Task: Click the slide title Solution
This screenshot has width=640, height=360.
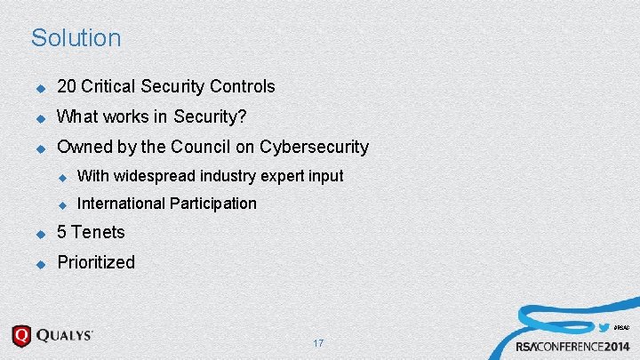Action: click(x=76, y=38)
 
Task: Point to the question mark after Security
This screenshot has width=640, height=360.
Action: click(x=242, y=116)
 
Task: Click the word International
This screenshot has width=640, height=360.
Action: click(x=121, y=204)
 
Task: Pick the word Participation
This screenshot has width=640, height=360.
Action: click(x=212, y=204)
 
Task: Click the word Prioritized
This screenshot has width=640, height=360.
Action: click(x=95, y=262)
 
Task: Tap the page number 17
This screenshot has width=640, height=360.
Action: click(x=318, y=343)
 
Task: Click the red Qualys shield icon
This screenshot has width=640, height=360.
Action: click(x=21, y=336)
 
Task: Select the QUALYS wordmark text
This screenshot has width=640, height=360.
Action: click(x=65, y=336)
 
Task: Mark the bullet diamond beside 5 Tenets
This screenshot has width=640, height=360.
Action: click(x=39, y=234)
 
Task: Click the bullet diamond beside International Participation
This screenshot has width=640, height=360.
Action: click(x=62, y=204)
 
